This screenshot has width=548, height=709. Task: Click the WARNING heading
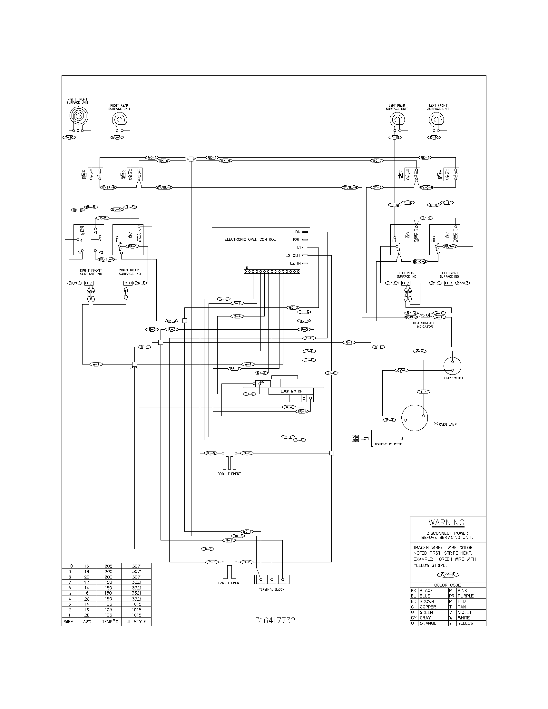[x=446, y=523]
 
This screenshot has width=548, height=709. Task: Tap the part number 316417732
[x=275, y=620]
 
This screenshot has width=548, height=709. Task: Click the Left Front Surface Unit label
[x=438, y=107]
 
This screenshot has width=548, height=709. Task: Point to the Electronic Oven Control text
[x=250, y=239]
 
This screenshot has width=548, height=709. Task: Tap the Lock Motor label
[x=291, y=391]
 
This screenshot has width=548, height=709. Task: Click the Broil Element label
[x=229, y=474]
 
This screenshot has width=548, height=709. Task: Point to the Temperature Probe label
[x=388, y=444]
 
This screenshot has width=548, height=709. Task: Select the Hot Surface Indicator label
[x=425, y=325]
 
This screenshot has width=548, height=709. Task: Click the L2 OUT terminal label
[x=293, y=256]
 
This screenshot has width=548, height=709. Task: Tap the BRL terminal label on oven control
[x=296, y=240]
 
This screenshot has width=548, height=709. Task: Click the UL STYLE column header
[x=136, y=622]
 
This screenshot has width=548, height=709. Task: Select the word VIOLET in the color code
[x=465, y=612]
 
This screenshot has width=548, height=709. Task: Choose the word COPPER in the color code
[x=427, y=607]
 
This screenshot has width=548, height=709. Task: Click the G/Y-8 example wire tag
[x=448, y=575]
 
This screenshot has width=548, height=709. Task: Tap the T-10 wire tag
[x=69, y=137]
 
